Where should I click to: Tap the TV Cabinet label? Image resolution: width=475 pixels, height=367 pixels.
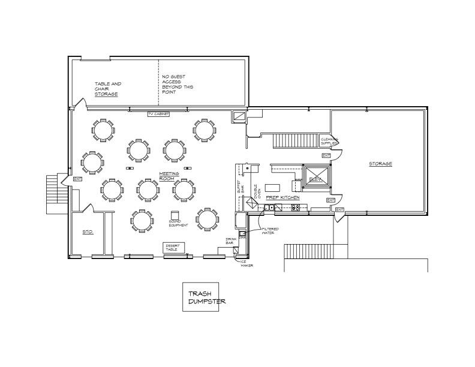158,114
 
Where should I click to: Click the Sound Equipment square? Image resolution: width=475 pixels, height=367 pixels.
175,215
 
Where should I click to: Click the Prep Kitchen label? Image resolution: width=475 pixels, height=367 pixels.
282,197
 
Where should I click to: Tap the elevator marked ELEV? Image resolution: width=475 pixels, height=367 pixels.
315,179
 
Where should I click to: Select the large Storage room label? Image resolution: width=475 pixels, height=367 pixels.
380,164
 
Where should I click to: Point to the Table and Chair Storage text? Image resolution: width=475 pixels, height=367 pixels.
107,89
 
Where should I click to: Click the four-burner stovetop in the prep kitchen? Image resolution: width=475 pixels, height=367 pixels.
296,207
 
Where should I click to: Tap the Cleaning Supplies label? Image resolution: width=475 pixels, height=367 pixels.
329,142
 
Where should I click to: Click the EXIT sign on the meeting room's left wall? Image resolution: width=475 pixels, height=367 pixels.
77,179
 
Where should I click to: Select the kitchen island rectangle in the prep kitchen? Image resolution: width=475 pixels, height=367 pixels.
273,186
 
